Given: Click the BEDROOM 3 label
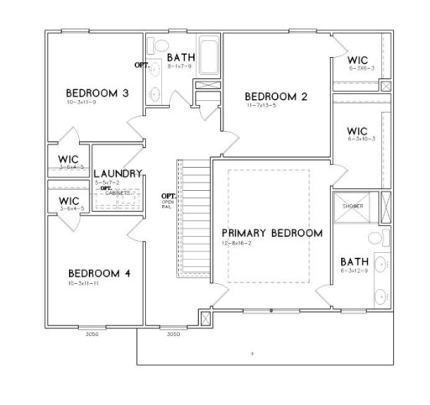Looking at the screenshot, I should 97,92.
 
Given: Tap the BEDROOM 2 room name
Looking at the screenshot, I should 275,97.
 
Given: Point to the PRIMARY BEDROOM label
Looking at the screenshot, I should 271,232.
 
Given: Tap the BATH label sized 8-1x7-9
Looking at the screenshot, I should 180,56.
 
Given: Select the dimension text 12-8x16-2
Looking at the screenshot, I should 237,242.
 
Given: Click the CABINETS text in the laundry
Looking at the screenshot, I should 118,192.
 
